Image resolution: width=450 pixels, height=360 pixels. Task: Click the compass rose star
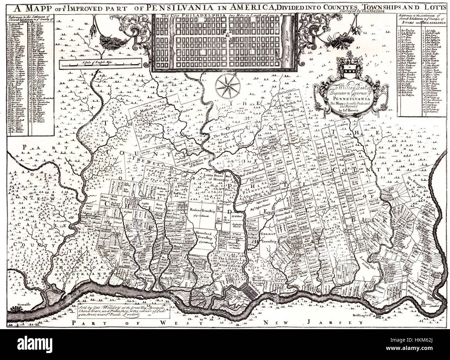[227, 85]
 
